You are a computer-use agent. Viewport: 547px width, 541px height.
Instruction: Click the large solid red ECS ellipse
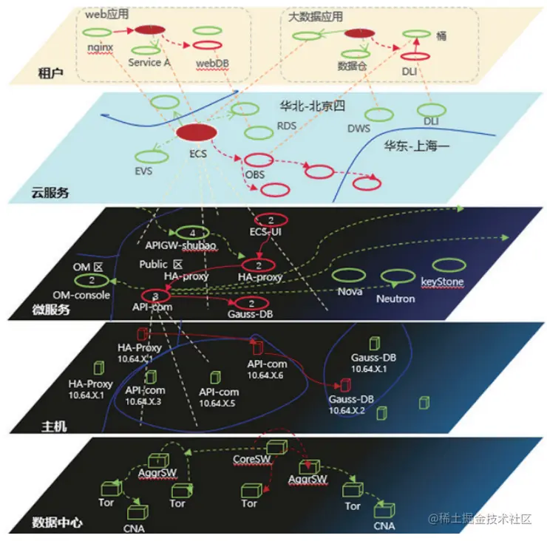196,133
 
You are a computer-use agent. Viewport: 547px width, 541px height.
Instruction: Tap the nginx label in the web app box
99,46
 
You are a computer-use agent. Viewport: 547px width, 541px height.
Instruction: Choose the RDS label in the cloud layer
286,126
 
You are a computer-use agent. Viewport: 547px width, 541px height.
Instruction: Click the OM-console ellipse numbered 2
92,280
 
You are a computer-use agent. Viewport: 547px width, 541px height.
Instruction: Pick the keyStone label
442,282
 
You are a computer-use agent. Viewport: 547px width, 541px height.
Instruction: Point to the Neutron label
395,299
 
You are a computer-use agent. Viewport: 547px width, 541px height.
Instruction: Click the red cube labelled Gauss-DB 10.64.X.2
343,385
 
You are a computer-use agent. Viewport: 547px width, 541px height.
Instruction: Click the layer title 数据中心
58,523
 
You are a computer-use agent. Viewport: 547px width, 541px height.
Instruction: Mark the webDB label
211,64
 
